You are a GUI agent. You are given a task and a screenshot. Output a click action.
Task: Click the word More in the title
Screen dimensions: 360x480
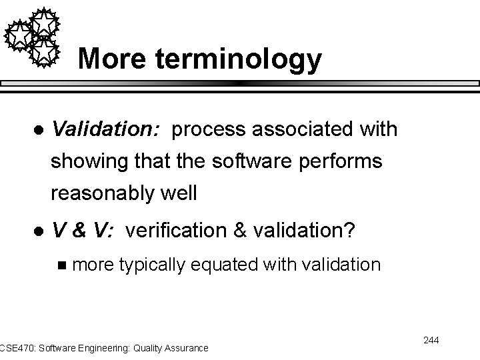tap(115, 59)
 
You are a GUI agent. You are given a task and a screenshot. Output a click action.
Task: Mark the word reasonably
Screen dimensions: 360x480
tap(104, 194)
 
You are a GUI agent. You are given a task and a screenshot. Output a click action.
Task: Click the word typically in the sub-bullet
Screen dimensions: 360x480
tap(153, 265)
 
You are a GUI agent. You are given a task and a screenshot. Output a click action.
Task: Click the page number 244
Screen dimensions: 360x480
tap(431, 341)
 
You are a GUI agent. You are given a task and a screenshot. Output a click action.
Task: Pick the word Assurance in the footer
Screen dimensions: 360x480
tap(184, 347)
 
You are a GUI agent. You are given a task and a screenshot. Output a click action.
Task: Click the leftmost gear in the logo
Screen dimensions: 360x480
tap(19, 33)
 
